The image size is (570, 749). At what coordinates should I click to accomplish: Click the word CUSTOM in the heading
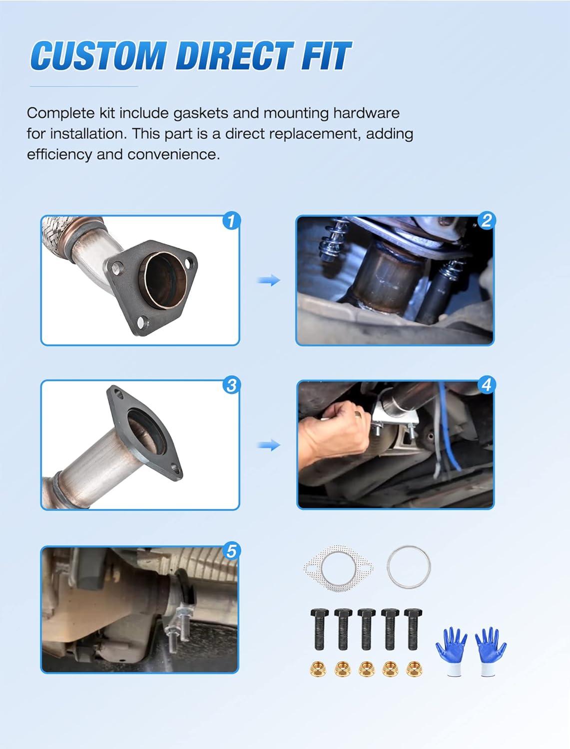tap(98, 55)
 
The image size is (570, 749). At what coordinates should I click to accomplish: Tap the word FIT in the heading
tap(326, 55)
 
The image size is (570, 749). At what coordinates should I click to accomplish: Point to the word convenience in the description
tap(173, 155)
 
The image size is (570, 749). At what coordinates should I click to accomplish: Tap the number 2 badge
tap(487, 220)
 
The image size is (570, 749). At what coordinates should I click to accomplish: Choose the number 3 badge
tap(232, 385)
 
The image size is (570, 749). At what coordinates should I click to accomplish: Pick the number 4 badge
tap(487, 385)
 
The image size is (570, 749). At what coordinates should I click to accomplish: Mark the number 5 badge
tap(232, 550)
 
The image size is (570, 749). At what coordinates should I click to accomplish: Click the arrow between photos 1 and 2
tap(269, 281)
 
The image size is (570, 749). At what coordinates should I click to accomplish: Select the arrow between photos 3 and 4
tap(269, 445)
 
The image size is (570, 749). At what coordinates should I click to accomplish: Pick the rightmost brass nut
tap(414, 669)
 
